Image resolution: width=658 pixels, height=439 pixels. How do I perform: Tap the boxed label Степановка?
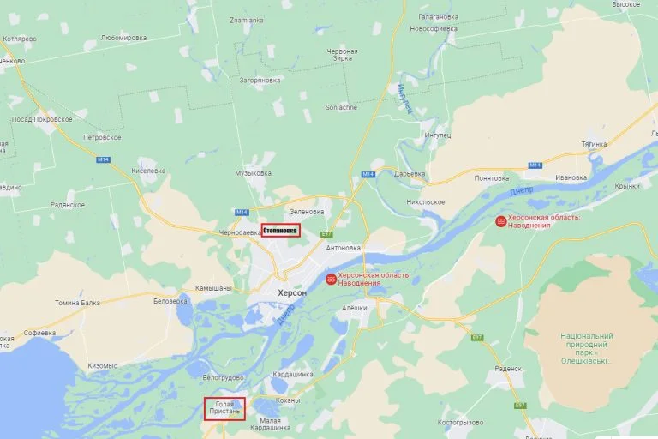280,230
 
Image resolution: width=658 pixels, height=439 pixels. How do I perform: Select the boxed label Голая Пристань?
224,408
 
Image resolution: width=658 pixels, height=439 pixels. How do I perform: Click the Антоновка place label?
344,248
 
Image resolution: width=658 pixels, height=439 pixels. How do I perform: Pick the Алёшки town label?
354,308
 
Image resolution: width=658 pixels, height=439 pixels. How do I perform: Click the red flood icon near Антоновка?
331,279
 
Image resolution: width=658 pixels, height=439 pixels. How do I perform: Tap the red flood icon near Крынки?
500,221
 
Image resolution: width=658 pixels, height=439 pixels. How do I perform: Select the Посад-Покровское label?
42,119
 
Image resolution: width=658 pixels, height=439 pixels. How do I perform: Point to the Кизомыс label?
102,365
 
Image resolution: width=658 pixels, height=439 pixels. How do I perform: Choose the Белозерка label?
170,301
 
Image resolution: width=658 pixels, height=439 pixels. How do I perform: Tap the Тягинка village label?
594,143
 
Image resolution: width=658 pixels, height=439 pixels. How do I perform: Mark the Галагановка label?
438,16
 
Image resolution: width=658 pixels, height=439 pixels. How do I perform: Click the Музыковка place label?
253,173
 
